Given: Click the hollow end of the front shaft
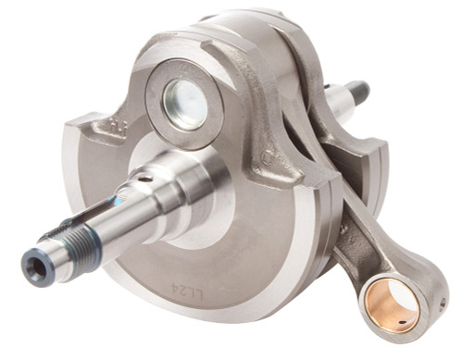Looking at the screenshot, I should point(34,269).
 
